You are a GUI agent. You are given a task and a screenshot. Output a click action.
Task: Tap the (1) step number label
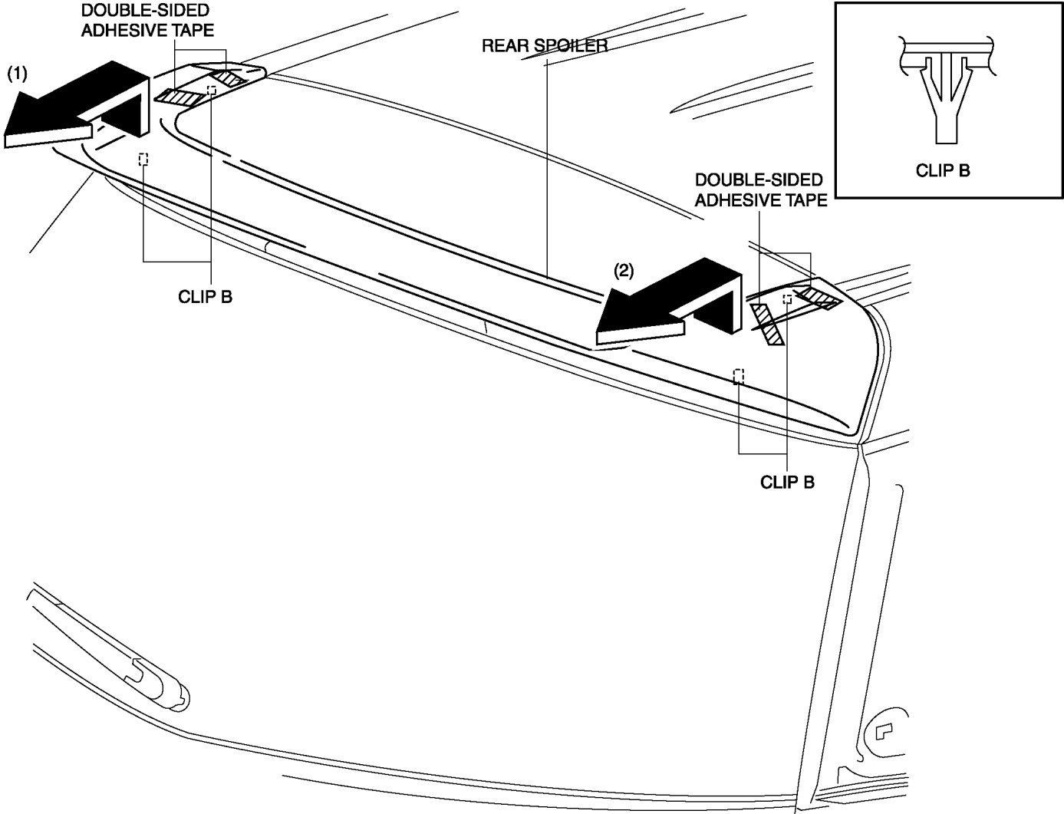[17, 74]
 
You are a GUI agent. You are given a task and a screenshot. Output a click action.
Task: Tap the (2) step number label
[623, 271]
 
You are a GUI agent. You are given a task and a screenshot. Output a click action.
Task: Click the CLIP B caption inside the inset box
[943, 170]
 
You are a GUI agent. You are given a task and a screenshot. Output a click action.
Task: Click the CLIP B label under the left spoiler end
[205, 297]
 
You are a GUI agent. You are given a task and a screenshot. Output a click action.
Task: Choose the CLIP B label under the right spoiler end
[787, 482]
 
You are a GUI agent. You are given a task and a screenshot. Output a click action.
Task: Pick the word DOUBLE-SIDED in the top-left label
[145, 11]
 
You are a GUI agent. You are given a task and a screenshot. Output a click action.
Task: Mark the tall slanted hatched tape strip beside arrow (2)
[767, 325]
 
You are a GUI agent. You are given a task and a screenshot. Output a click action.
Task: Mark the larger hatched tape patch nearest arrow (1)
[183, 97]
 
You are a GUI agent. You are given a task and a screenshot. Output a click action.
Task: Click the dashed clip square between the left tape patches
[212, 91]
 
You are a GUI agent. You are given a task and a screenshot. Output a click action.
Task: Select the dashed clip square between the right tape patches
[787, 298]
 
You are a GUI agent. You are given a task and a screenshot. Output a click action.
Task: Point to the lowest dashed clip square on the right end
[739, 376]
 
